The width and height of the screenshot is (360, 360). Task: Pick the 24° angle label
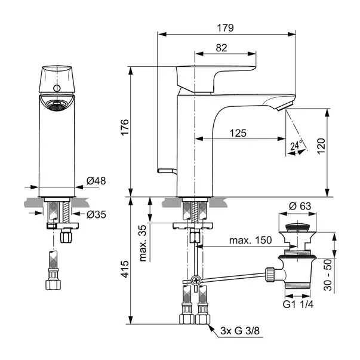pos(296,145)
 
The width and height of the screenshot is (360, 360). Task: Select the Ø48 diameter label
pos(96,181)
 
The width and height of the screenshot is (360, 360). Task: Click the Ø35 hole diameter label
pos(96,214)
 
